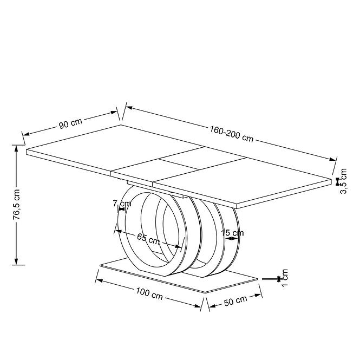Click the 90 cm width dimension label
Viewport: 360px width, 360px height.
(x=70, y=123)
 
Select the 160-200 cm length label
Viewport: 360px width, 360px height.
(x=232, y=134)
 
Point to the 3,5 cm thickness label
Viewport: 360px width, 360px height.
(x=343, y=181)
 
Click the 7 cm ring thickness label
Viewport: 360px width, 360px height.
(x=122, y=204)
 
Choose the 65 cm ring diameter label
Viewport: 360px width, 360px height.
(x=148, y=239)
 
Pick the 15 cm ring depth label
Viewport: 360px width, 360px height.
(x=232, y=233)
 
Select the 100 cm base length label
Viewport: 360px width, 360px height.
(x=149, y=294)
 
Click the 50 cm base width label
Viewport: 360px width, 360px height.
(x=235, y=301)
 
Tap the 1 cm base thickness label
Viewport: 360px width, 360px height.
(x=284, y=278)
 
